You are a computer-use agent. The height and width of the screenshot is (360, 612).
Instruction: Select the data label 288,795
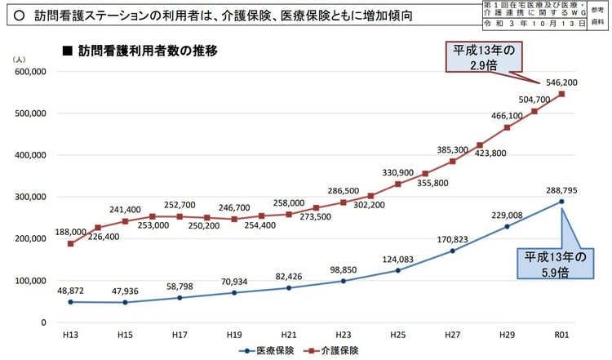pos(561,189)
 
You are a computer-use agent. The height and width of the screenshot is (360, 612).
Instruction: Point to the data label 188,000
pos(70,231)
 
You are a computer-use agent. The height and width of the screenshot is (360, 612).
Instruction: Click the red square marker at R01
pos(561,94)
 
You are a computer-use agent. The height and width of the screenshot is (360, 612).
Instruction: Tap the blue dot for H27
pos(453,251)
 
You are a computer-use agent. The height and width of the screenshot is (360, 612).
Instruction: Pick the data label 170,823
pos(453,239)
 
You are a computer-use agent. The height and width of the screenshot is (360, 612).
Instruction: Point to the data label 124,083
pos(398,259)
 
